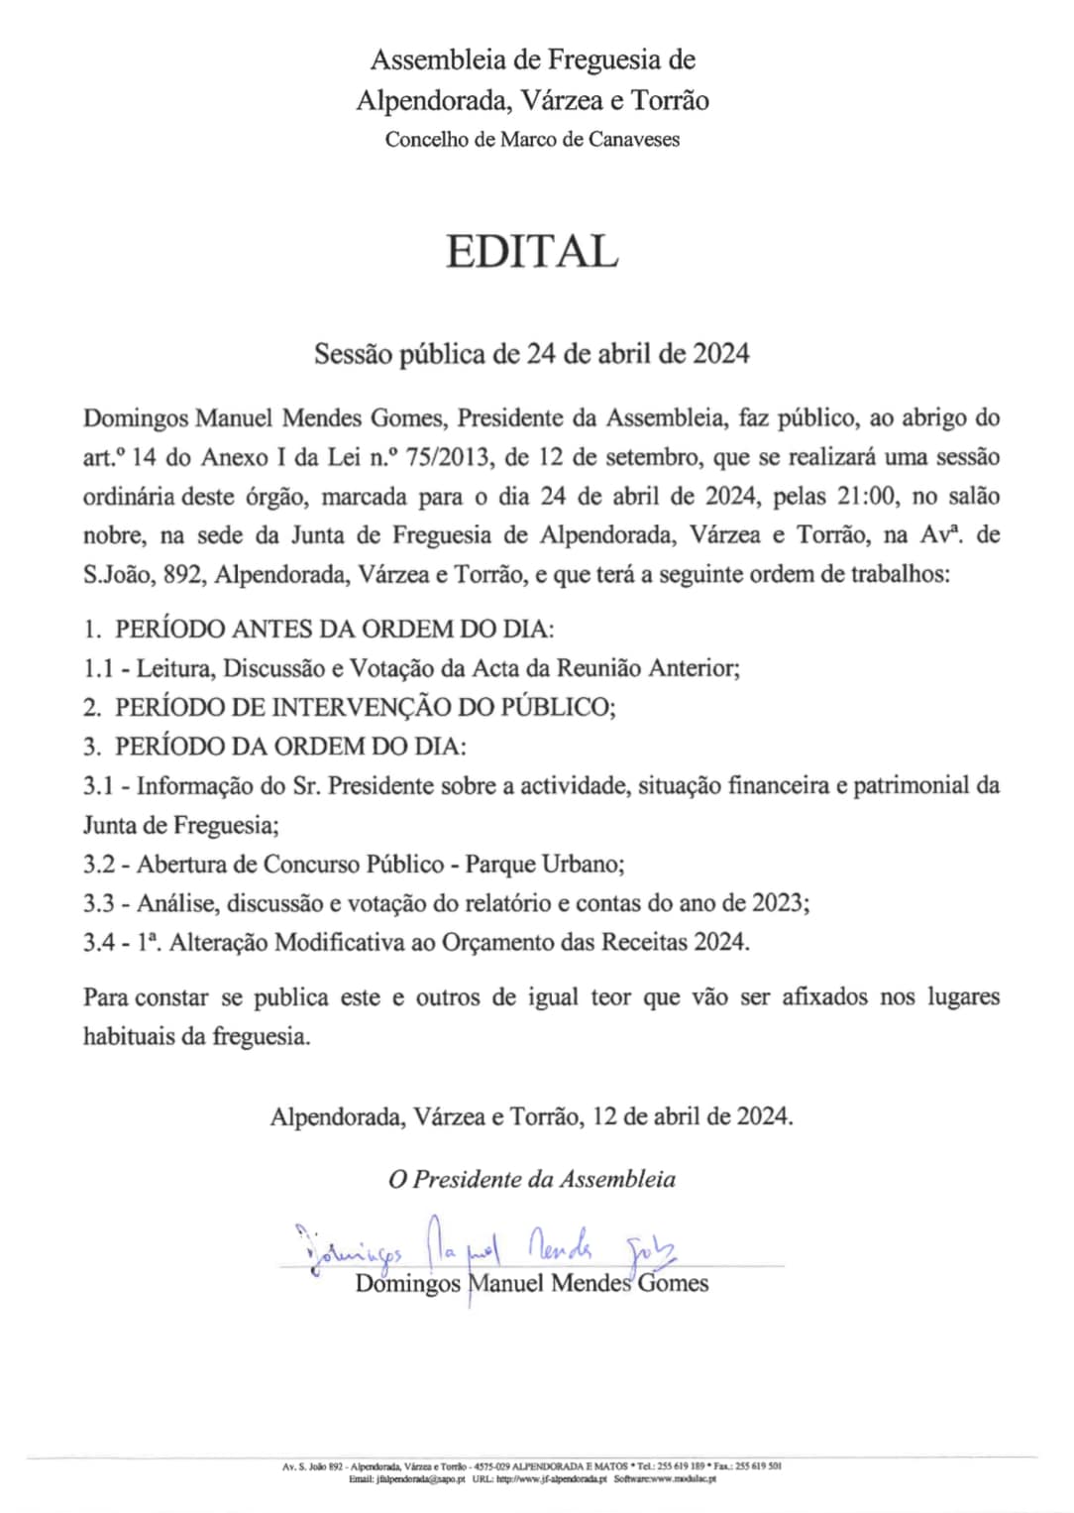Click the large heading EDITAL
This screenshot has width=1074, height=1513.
[532, 252]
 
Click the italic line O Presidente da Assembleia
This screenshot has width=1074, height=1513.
[532, 1179]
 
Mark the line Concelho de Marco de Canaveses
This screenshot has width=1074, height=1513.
[532, 140]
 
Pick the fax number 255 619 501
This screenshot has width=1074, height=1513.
[760, 1465]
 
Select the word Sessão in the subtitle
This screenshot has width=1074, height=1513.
[352, 354]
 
